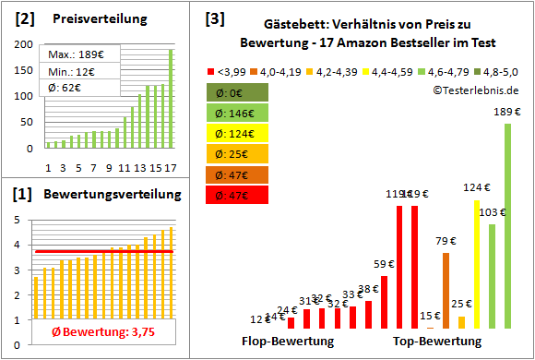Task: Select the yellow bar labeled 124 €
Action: (x=477, y=264)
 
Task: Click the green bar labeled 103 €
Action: (x=492, y=276)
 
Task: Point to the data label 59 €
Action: (x=384, y=264)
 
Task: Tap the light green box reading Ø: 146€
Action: (x=240, y=114)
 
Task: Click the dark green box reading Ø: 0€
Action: (x=240, y=93)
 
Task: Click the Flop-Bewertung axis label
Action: (x=288, y=341)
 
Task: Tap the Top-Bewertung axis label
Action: (x=437, y=341)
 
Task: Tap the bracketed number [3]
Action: (x=213, y=18)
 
